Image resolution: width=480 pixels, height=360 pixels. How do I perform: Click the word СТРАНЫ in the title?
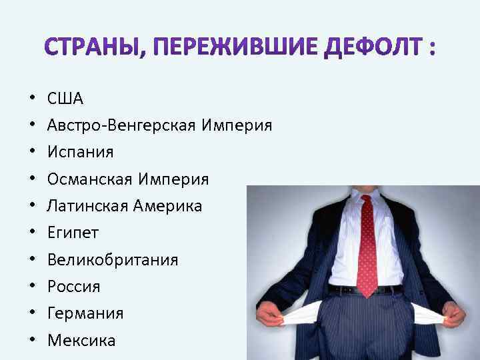pyautogui.click(x=94, y=48)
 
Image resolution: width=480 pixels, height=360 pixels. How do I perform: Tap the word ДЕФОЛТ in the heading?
pyautogui.click(x=367, y=48)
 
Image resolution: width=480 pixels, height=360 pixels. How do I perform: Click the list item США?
pyautogui.click(x=65, y=99)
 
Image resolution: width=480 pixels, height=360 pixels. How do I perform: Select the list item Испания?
pyautogui.click(x=80, y=153)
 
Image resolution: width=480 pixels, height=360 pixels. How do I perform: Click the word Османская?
pyautogui.click(x=90, y=179)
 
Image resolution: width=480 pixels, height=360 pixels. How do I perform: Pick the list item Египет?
pyautogui.click(x=73, y=233)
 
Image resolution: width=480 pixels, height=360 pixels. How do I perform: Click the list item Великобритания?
pyautogui.click(x=113, y=260)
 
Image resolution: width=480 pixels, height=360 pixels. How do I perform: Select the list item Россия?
pyautogui.click(x=73, y=287)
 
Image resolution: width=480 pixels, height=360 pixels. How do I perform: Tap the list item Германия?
pyautogui.click(x=85, y=313)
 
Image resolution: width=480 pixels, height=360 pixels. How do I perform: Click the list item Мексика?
pyautogui.click(x=81, y=341)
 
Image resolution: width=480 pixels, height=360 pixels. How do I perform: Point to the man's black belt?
pyautogui.click(x=367, y=289)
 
